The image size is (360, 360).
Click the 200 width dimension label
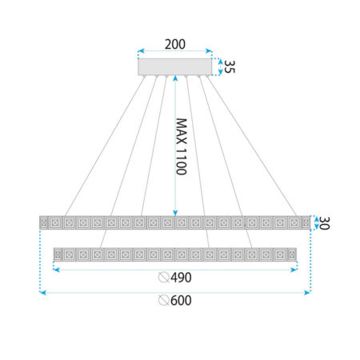(x=175, y=44)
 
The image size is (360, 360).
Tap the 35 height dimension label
(x=230, y=66)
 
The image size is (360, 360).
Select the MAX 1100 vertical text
(x=182, y=146)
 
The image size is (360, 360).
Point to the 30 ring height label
(x=324, y=223)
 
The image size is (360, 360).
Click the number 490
(x=181, y=278)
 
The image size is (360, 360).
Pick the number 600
(x=181, y=301)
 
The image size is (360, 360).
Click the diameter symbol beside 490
(x=163, y=278)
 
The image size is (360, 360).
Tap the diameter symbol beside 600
(x=163, y=301)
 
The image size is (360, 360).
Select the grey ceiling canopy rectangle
(x=175, y=66)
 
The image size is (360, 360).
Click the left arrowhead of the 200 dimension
(x=141, y=51)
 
